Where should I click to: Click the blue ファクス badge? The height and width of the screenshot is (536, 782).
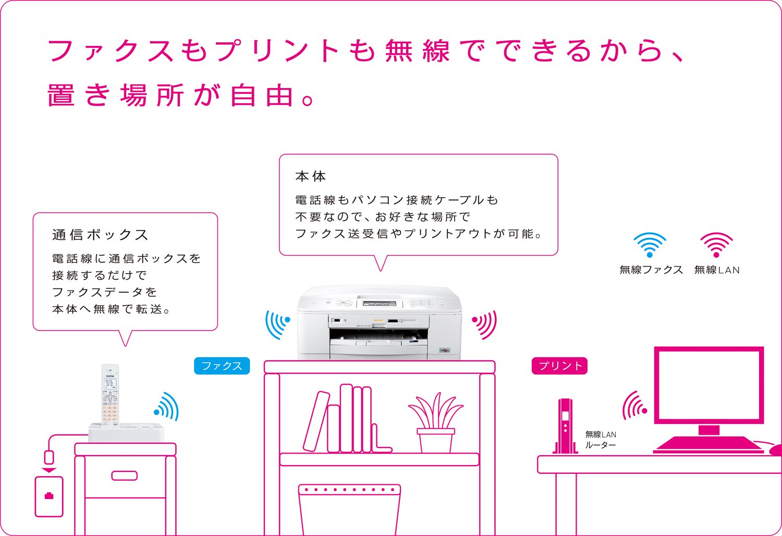[222, 366]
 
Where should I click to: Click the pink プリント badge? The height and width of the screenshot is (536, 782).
[559, 366]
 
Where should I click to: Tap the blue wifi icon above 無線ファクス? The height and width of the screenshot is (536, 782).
[650, 245]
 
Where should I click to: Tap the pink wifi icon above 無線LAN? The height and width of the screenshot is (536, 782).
[716, 245]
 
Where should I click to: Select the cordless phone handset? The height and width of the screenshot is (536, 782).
[111, 396]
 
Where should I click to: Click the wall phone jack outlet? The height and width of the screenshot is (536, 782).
[49, 496]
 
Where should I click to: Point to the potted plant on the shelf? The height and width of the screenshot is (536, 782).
[436, 422]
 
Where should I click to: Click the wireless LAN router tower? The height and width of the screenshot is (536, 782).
[565, 426]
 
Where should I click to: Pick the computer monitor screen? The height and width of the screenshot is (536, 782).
[708, 385]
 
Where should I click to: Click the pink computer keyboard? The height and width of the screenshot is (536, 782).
[708, 445]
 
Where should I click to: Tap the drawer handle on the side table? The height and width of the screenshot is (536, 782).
[124, 476]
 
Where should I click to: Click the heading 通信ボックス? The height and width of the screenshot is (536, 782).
[100, 235]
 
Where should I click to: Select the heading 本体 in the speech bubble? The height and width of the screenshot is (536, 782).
[310, 176]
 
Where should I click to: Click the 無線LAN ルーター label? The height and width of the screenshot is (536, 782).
[601, 440]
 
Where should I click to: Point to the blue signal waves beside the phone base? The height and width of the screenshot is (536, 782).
[166, 407]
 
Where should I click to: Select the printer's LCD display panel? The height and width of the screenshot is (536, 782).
[379, 303]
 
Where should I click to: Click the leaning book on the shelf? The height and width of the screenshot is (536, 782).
[316, 421]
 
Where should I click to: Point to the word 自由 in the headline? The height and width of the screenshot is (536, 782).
[262, 95]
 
